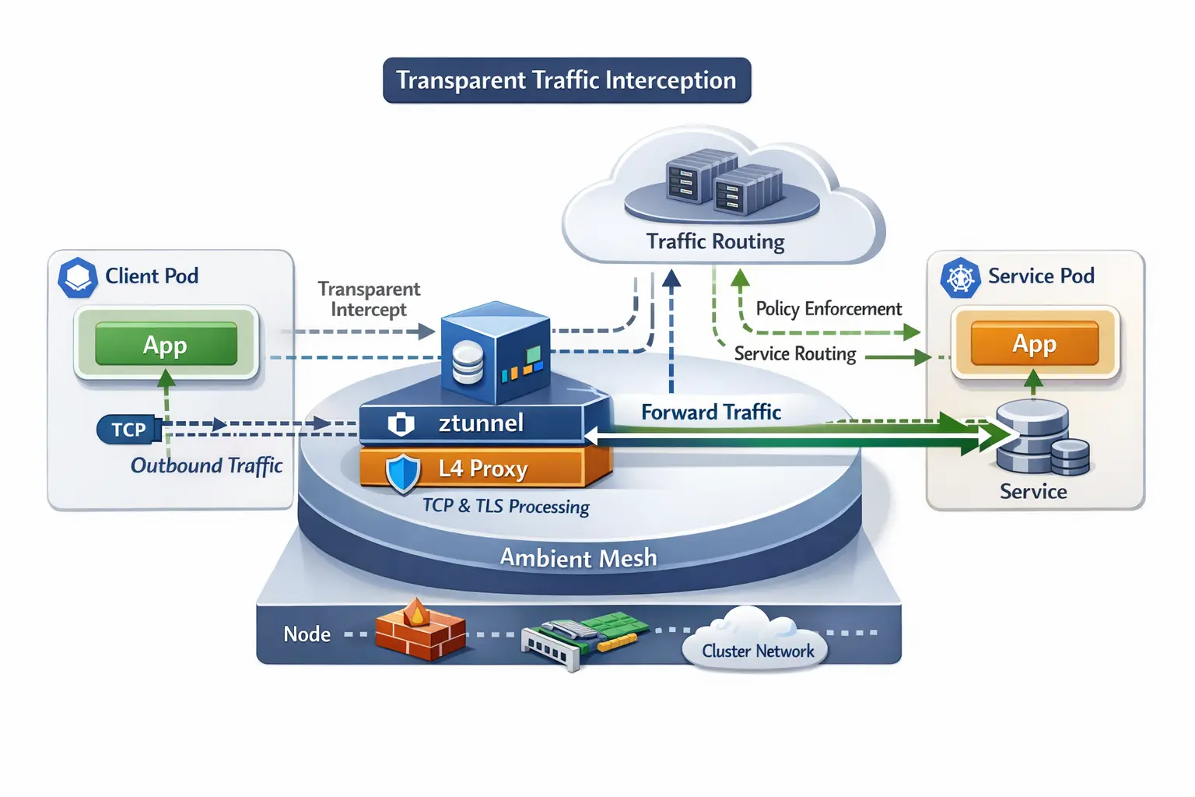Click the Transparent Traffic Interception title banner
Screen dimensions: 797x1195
tap(566, 80)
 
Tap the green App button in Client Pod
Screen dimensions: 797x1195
tap(166, 344)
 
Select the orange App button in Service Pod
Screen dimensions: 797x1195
tap(1034, 343)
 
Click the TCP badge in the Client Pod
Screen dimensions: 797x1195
tap(128, 430)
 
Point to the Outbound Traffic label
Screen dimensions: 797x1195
tap(206, 465)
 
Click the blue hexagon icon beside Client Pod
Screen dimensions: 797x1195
tap(78, 277)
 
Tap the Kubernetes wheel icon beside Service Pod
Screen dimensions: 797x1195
tap(960, 278)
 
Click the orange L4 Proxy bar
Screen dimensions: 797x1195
tap(482, 469)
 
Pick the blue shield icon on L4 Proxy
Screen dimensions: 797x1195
tap(403, 473)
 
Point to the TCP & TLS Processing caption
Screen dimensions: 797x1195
tap(506, 506)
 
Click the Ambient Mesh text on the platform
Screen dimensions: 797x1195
tap(578, 558)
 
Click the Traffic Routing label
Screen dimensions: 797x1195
tap(715, 242)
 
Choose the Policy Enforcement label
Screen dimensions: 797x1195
tap(829, 309)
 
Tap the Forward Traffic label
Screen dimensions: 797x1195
tap(710, 413)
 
